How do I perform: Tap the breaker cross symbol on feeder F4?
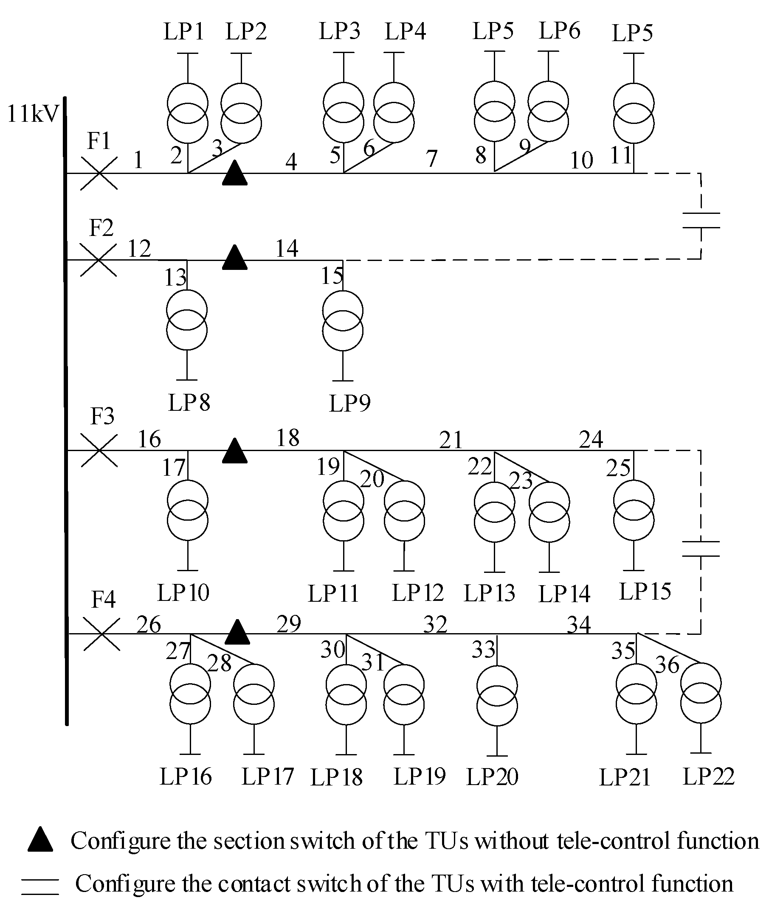[101, 635]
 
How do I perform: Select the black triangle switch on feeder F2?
[235, 258]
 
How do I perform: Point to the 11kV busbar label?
[33, 114]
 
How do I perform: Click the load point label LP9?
[349, 403]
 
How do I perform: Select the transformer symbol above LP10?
[187, 511]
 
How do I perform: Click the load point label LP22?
[708, 776]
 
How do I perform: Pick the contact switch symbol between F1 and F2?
[701, 220]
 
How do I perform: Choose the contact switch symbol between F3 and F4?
[701, 549]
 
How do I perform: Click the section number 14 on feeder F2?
[287, 248]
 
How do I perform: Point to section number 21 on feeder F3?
[451, 440]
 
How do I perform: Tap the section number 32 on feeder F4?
[435, 625]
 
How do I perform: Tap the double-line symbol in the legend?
[40, 884]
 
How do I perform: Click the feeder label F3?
[102, 416]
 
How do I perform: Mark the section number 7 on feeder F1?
[431, 159]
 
